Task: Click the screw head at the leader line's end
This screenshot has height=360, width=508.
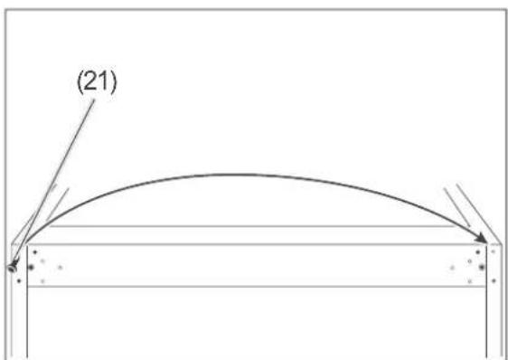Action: click(13, 268)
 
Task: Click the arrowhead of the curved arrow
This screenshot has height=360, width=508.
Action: click(481, 238)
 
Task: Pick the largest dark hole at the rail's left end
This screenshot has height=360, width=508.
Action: click(31, 267)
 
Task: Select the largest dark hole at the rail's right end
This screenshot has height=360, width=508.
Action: click(482, 267)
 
